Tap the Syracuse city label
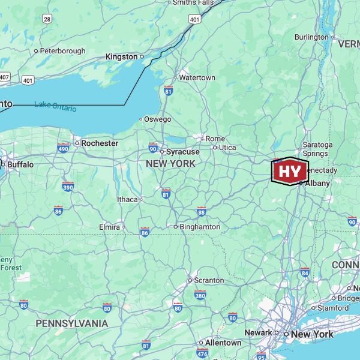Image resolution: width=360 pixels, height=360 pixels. coord(182,152)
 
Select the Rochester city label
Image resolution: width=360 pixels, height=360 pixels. coord(100,143)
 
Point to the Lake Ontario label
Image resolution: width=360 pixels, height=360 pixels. coord(55,106)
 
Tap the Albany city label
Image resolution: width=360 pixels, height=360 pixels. coord(317,183)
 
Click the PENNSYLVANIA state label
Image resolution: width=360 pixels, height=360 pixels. coord(71,323)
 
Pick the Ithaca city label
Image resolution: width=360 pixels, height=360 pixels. coord(127,199)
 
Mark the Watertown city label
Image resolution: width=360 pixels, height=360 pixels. coord(197,78)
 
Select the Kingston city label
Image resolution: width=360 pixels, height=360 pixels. coord(121,56)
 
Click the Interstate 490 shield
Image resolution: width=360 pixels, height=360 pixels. coord(64,148)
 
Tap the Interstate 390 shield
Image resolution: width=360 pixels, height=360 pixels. coord(68,187)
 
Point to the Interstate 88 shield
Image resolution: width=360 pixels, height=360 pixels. coord(201,212)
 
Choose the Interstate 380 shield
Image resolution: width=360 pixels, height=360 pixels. coord(200,295)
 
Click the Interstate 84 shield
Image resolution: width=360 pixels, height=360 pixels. coord(305,273)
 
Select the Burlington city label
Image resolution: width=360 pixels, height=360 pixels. coord(311,37)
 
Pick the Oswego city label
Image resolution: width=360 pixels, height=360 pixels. coord(157,119)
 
